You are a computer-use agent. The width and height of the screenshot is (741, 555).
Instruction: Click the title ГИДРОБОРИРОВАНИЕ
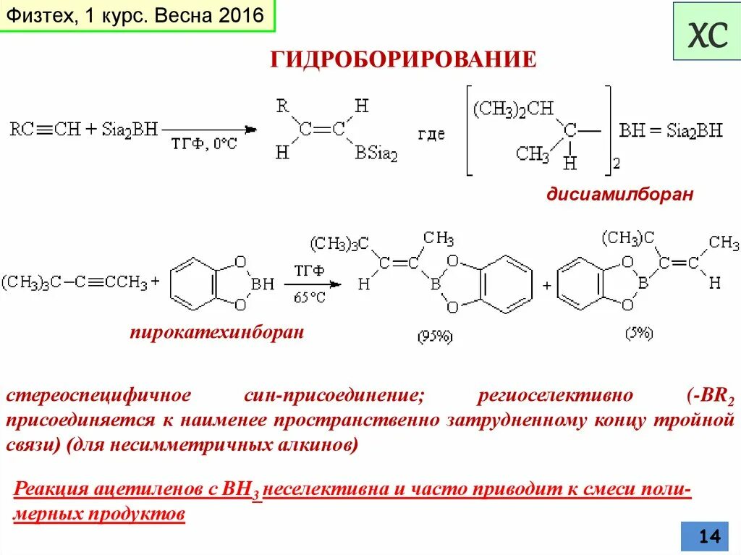pos(403,59)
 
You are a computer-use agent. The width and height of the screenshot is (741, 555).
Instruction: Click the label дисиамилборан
pos(619,195)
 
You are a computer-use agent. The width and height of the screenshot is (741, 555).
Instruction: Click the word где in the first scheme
pos(431,135)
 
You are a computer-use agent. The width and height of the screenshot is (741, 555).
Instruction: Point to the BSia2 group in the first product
pos(376,153)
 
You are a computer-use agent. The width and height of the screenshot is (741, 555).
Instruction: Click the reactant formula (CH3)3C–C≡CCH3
pos(75,282)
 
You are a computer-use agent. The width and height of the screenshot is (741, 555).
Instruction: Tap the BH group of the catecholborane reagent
pos(261,284)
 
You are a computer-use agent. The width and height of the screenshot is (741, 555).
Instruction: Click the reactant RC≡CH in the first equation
pos(45,130)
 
